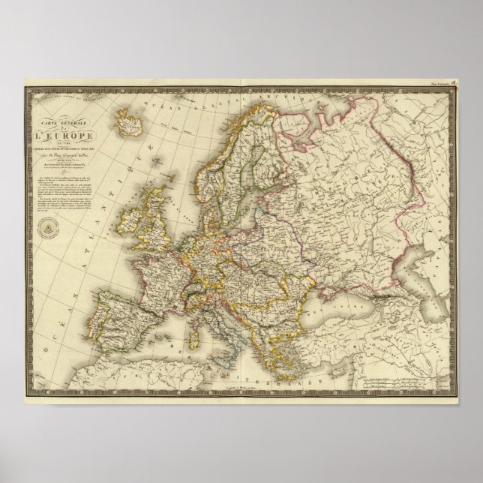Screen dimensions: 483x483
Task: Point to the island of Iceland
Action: [127, 120]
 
